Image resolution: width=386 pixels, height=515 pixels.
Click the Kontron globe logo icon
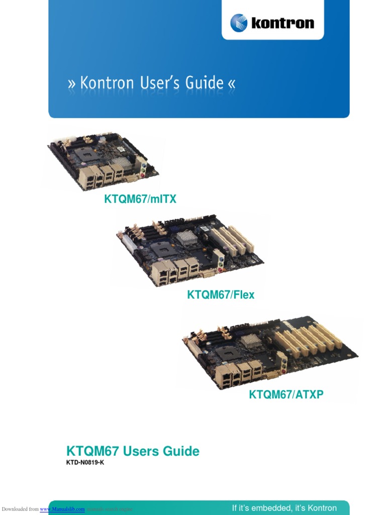239,23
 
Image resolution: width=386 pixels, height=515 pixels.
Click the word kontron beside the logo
282,23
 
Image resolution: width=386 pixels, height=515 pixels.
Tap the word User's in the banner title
161,82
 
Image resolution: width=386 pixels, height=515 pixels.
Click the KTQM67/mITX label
140,200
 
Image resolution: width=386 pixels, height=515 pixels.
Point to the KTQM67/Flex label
221,295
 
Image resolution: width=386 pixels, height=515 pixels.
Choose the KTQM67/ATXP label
286,395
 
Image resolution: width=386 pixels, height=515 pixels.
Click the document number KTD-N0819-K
85,463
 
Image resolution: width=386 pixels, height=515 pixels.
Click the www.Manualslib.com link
62,509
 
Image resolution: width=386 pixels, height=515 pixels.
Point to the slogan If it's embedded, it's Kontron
284,508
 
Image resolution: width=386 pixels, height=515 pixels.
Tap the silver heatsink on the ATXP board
251,341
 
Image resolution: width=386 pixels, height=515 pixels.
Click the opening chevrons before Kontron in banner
71,83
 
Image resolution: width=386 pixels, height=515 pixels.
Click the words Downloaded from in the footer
20,509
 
